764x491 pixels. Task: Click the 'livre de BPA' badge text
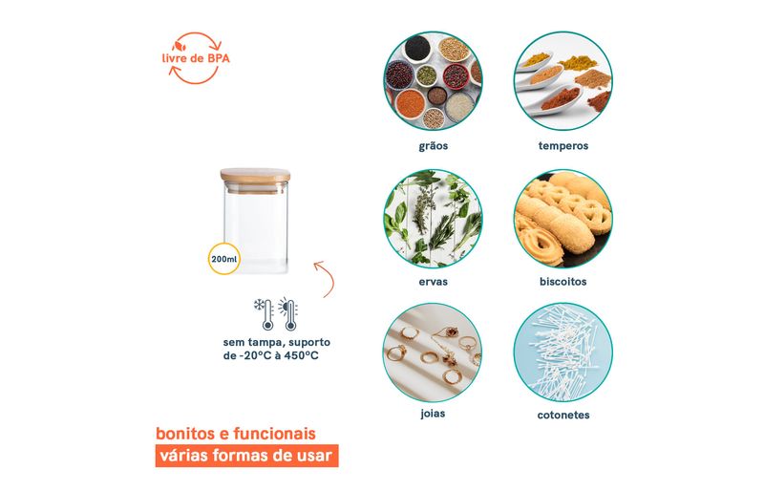tap(196, 58)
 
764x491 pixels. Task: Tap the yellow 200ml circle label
tap(224, 259)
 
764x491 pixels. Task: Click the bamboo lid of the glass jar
tap(255, 176)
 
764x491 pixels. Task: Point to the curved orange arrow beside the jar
tap(326, 278)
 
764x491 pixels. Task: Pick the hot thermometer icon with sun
tap(288, 314)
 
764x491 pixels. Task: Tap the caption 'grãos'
tap(434, 146)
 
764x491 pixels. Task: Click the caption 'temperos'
tap(563, 146)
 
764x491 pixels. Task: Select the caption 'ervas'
tap(434, 282)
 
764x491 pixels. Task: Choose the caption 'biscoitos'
tap(563, 282)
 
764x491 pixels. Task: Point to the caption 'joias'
tap(433, 414)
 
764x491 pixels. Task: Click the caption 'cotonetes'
tap(563, 415)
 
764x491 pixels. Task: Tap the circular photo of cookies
tap(563, 219)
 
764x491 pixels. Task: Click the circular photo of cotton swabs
tap(563, 352)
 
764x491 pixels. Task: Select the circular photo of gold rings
tap(433, 352)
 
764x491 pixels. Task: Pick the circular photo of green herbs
tap(433, 219)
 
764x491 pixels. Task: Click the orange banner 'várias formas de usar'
tap(246, 456)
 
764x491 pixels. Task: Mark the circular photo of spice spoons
tap(563, 81)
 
